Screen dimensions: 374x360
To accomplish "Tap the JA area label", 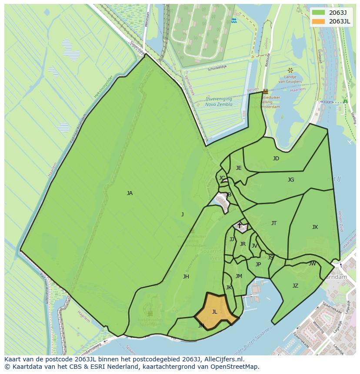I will (130, 193).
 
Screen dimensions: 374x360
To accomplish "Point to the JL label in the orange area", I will (214, 311).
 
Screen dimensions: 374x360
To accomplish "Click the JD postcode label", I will (276, 159).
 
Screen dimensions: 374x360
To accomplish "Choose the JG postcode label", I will (291, 179).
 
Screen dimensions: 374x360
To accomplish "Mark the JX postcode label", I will (315, 227).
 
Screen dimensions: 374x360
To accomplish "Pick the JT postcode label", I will (274, 223).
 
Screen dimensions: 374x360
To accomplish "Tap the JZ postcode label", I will (295, 285).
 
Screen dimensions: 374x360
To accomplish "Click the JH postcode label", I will (186, 277).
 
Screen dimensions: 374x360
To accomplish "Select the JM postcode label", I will (239, 276).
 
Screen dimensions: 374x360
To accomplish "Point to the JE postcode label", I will (239, 168).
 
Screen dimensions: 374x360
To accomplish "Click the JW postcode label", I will (312, 264).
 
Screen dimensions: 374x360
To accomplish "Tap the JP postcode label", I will (258, 265).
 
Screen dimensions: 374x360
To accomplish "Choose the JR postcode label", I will (243, 244).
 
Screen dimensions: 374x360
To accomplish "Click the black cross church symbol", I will (239, 225).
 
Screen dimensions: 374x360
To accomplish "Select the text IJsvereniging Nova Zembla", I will (219, 102).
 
